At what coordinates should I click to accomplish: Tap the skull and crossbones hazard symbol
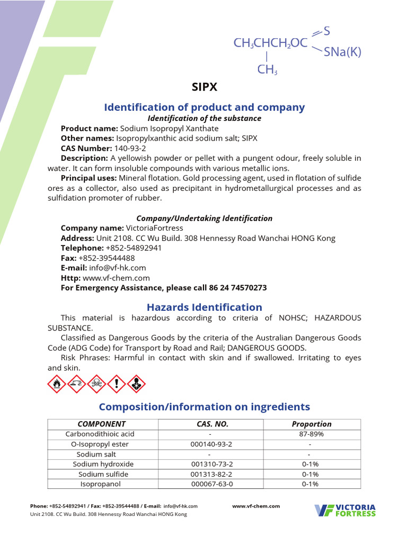tap(96, 384)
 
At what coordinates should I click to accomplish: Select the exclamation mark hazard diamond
tap(116, 384)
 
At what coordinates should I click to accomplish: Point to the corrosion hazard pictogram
tap(77, 384)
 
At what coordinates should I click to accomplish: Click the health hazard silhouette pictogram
tap(136, 384)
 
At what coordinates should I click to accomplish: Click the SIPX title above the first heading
tap(204, 87)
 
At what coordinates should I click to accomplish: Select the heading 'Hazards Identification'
tap(204, 307)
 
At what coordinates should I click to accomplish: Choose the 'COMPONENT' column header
tap(102, 424)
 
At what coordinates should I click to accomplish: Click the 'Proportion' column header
tap(312, 424)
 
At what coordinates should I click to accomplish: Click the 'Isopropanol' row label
tap(101, 484)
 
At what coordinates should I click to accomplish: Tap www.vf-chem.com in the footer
tap(256, 506)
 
